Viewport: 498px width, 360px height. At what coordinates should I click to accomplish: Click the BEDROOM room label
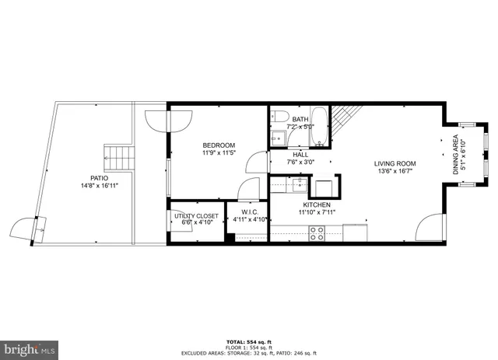[219, 145]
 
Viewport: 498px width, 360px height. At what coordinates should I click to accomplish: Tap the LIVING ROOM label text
[395, 163]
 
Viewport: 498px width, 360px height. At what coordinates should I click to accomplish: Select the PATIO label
[93, 178]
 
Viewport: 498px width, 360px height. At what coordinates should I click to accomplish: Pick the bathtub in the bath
[321, 127]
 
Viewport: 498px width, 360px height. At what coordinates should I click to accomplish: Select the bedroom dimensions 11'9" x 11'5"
[219, 154]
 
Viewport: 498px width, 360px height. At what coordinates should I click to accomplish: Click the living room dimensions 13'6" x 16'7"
[395, 172]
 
